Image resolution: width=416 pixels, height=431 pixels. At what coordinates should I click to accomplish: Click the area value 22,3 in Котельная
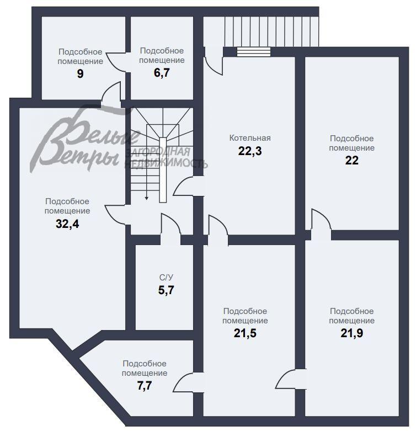[250, 151]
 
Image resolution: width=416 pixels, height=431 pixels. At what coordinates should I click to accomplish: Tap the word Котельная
[250, 138]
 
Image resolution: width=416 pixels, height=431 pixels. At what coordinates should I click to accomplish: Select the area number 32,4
[67, 224]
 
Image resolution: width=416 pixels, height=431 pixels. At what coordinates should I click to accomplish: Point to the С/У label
[166, 278]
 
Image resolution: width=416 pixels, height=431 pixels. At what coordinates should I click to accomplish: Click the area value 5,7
[166, 290]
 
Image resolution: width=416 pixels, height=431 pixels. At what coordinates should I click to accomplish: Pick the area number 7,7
[145, 386]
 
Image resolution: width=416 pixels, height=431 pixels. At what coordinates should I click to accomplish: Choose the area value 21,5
[245, 333]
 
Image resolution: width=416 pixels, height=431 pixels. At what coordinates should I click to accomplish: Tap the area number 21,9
[351, 333]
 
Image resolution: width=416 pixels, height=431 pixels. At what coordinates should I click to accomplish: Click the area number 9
[80, 74]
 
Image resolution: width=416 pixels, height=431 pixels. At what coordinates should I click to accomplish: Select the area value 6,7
[162, 73]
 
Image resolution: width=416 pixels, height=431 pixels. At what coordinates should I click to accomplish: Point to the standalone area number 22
[351, 161]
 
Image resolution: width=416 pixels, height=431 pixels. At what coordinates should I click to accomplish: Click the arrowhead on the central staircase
[146, 198]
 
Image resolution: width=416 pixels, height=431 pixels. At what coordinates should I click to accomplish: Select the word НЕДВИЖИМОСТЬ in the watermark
[166, 164]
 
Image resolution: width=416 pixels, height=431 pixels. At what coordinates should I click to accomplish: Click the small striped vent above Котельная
[254, 52]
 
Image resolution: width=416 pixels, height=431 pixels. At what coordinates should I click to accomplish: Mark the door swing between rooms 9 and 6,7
[116, 62]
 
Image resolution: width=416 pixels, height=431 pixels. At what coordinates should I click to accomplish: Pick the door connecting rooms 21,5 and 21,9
[291, 379]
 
